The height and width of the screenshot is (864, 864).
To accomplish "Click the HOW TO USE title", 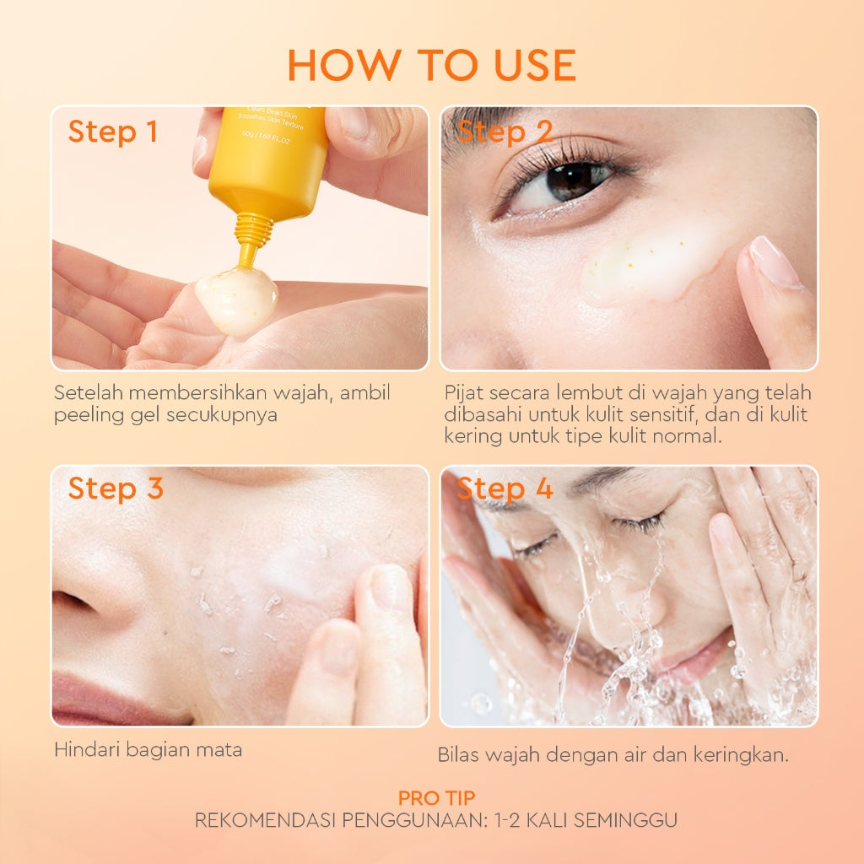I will (x=431, y=66).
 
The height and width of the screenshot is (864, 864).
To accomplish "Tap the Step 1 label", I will (x=113, y=132).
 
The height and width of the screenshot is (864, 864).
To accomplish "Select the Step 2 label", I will (x=505, y=132).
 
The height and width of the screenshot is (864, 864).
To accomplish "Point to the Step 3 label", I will (x=116, y=489).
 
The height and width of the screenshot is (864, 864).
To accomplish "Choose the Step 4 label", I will (x=505, y=489).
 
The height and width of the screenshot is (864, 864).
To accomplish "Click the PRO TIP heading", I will (x=436, y=797).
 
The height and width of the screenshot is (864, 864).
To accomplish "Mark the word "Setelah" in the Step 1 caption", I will (x=83, y=393).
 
